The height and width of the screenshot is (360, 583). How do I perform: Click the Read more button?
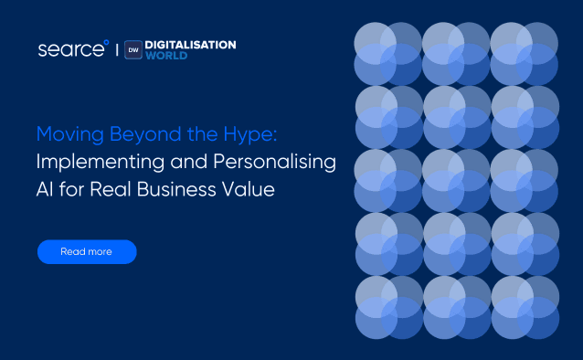click(87, 251)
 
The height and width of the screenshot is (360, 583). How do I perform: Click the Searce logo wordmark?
click(71, 49)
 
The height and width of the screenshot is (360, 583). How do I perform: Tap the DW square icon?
click(132, 49)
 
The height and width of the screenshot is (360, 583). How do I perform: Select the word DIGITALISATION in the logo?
click(191, 44)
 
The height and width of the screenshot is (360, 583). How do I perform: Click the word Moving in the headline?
click(67, 135)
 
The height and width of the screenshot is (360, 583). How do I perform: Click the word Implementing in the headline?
click(98, 164)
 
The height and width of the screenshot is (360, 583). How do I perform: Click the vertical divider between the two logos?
click(116, 49)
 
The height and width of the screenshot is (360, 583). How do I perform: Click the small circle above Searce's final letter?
click(107, 41)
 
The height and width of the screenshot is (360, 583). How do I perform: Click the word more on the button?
click(99, 251)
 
